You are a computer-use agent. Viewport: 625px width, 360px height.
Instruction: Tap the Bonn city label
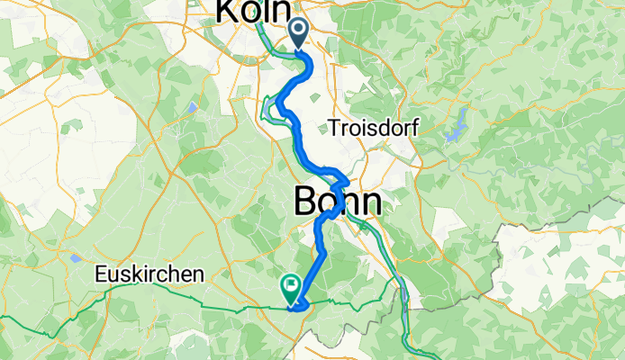[x=338, y=202]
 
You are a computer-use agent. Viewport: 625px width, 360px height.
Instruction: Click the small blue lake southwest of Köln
[x=192, y=108]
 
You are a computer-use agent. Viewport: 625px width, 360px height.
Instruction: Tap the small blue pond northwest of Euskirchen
[x=75, y=258]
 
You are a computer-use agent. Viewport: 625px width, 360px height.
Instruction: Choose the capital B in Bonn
[x=306, y=202]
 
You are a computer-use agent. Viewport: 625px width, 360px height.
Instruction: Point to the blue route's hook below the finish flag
[x=298, y=306]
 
